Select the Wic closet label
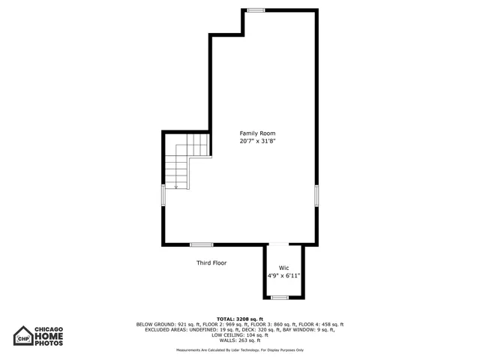(283, 268)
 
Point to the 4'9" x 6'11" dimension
(284, 276)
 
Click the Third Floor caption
(211, 263)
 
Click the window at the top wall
(256, 10)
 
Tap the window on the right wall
(316, 195)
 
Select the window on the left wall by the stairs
(163, 195)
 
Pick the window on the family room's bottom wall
(201, 244)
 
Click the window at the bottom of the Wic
(279, 298)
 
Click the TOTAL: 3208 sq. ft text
(239, 319)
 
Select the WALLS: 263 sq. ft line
(239, 340)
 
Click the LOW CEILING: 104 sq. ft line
(239, 334)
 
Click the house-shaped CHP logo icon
(24, 334)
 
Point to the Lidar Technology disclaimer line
(239, 350)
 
